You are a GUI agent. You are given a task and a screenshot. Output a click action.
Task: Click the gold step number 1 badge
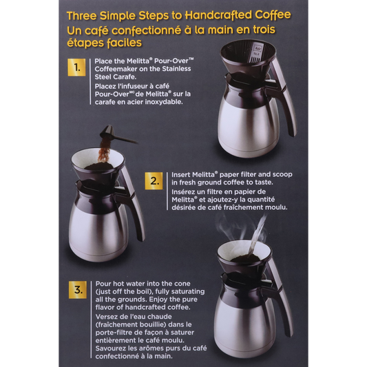pyautogui.click(x=76, y=67)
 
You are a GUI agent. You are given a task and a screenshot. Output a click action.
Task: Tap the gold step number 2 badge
pyautogui.click(x=154, y=180)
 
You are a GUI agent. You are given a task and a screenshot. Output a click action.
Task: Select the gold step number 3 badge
pyautogui.click(x=78, y=290)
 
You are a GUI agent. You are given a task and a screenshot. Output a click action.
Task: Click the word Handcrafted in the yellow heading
pyautogui.click(x=218, y=15)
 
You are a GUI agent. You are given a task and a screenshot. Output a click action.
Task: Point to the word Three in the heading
pyautogui.click(x=81, y=16)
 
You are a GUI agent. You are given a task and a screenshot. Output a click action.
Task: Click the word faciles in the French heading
pyautogui.click(x=124, y=43)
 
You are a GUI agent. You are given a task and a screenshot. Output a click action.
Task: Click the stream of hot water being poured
pyautogui.click(x=257, y=235)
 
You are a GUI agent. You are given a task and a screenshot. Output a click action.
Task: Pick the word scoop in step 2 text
pyautogui.click(x=282, y=175)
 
